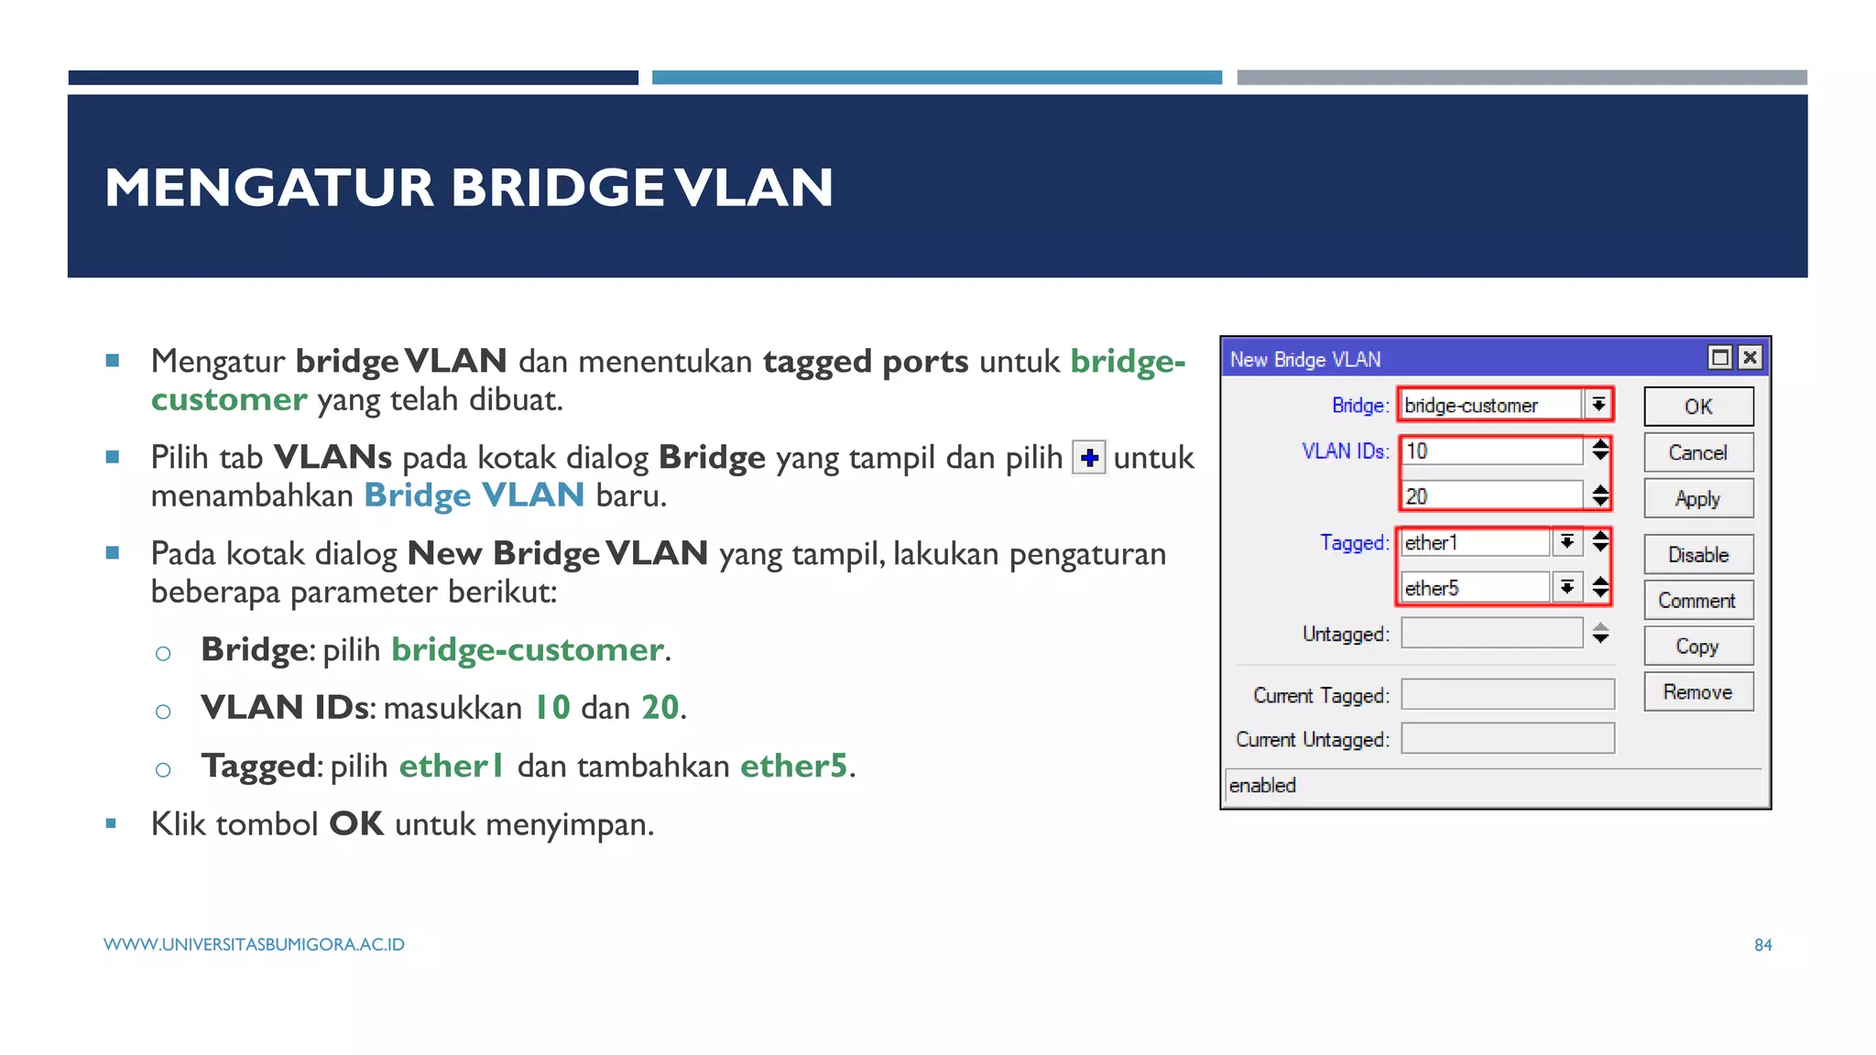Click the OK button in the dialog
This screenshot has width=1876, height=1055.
click(1697, 407)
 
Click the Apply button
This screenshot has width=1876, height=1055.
click(1697, 499)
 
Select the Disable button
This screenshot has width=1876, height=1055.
click(1697, 555)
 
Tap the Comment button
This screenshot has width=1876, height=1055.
click(1697, 601)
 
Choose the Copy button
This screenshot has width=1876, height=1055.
click(1697, 647)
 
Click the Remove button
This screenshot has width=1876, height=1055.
click(1697, 692)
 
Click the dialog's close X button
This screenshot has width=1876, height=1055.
click(1750, 357)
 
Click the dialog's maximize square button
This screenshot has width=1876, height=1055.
click(1720, 357)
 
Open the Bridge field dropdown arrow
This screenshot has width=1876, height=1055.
click(1598, 405)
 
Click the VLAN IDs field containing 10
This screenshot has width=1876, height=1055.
click(1491, 451)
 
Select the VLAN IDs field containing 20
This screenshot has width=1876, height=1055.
click(1491, 496)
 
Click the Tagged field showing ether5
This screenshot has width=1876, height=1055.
click(1474, 588)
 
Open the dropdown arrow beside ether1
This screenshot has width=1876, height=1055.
click(1567, 542)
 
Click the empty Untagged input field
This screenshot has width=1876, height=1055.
click(1491, 633)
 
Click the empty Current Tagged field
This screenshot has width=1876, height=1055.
click(1507, 694)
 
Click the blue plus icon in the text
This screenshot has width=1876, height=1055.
click(1089, 457)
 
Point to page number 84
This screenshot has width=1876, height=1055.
click(1762, 945)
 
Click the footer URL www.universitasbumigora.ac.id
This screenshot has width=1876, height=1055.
click(254, 945)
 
